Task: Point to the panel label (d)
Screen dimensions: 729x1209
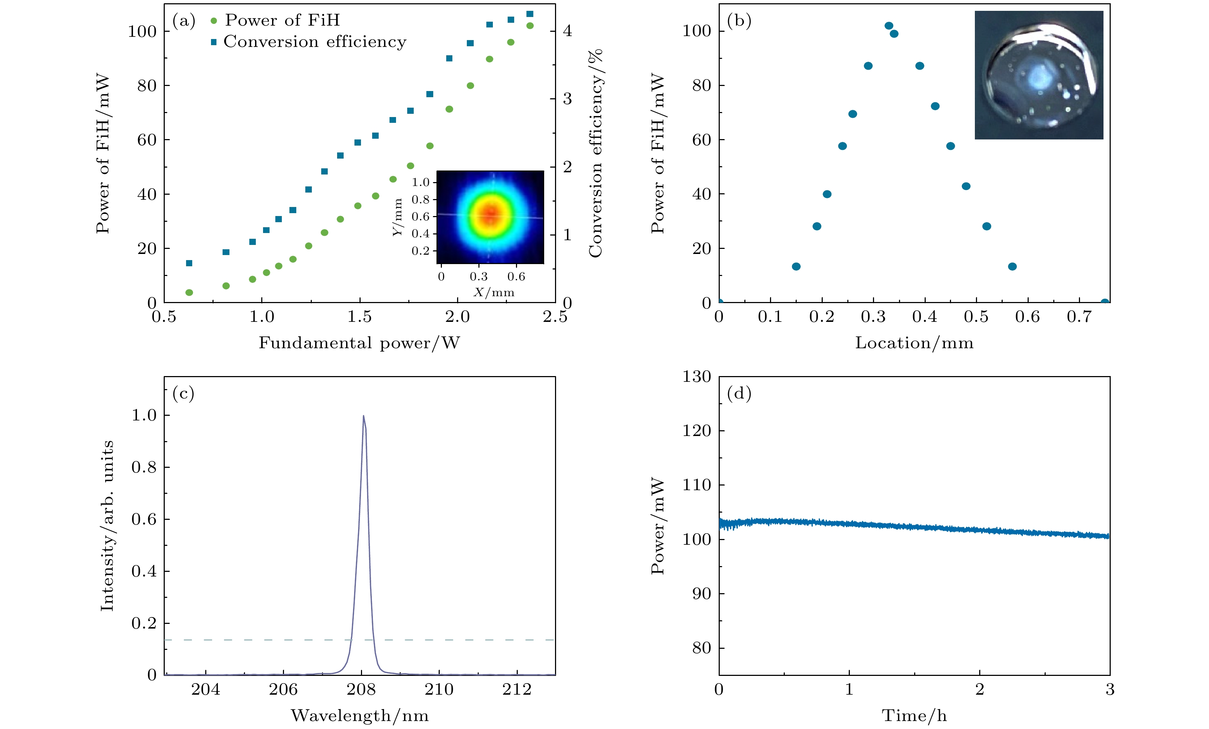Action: click(739, 393)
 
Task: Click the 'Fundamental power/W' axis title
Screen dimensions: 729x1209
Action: click(359, 342)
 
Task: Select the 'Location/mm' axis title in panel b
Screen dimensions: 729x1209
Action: click(914, 342)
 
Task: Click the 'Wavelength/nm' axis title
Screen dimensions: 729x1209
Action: click(359, 715)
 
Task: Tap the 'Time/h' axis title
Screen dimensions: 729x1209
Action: click(914, 715)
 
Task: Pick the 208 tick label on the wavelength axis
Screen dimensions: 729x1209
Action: click(361, 689)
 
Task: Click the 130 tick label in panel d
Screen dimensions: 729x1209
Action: click(697, 377)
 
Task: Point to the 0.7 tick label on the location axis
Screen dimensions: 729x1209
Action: click(1079, 316)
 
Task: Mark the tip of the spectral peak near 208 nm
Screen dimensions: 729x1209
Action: click(363, 416)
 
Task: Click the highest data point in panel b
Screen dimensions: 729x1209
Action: click(889, 26)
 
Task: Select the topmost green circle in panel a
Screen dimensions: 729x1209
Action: click(530, 26)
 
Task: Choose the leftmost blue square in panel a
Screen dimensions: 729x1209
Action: click(189, 263)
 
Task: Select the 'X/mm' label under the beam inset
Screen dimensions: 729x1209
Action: click(494, 292)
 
